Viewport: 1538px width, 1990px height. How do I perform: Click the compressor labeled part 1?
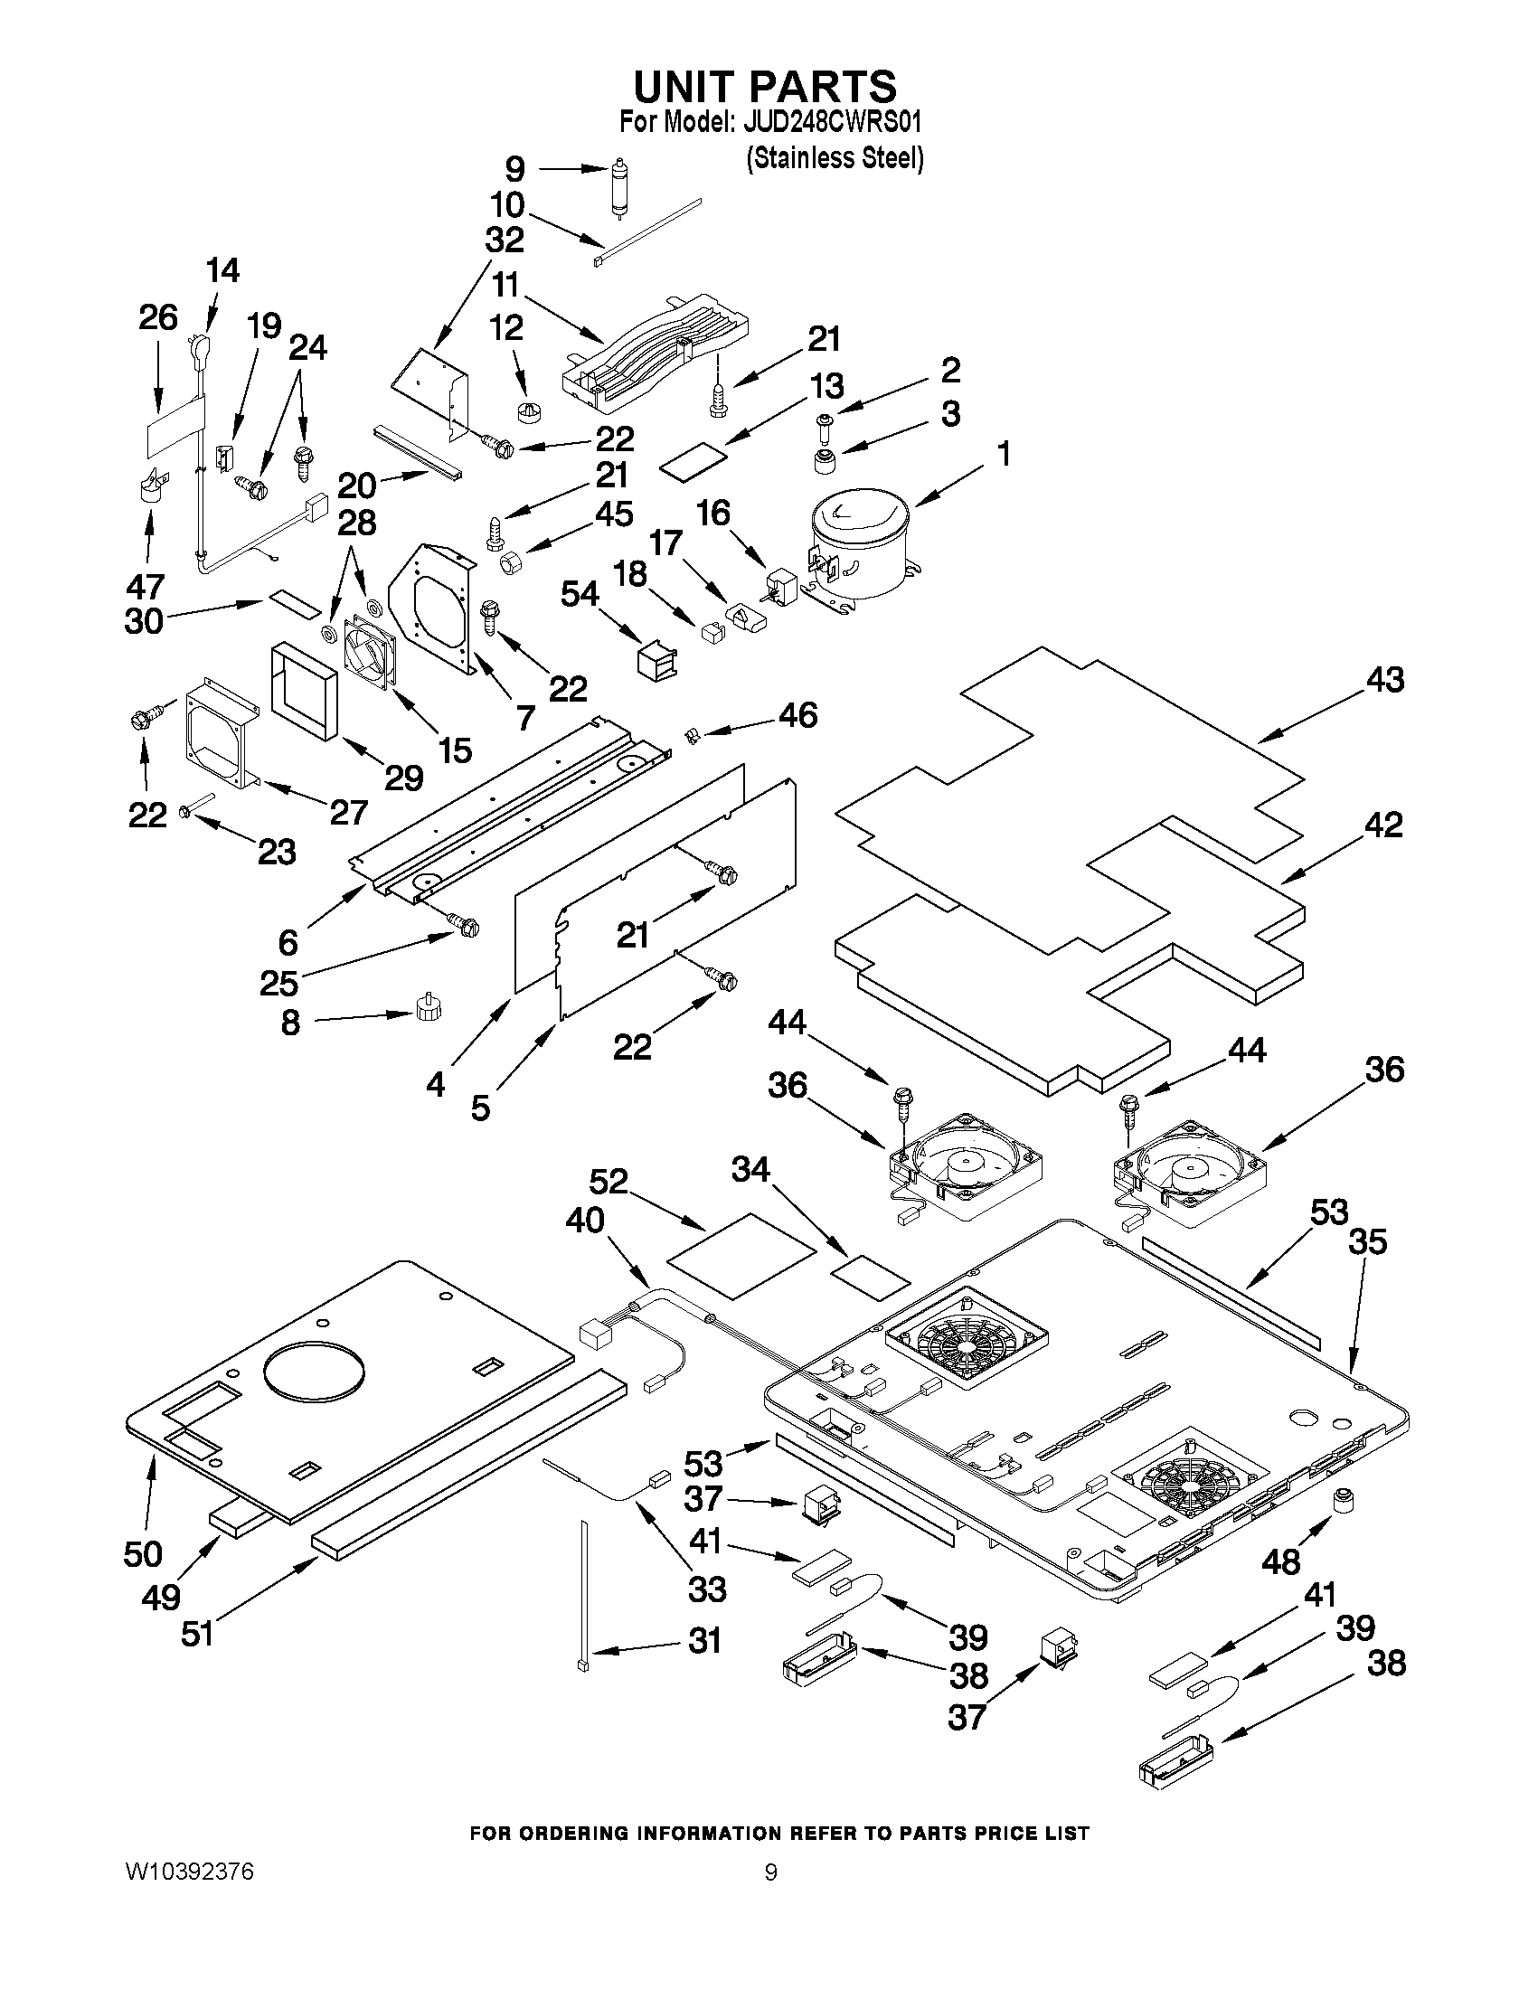click(856, 548)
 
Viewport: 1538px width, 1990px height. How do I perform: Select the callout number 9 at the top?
click(514, 169)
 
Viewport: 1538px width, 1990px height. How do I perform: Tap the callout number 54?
click(580, 595)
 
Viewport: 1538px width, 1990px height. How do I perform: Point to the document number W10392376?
click(189, 1872)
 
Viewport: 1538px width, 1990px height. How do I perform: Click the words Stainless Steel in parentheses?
click(835, 157)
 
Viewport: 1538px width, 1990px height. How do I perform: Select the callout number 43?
click(1385, 680)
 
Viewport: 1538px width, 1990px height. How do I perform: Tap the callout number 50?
click(143, 1552)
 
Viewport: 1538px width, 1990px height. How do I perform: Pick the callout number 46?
click(797, 715)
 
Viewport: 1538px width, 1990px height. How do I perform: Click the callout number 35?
click(1368, 1241)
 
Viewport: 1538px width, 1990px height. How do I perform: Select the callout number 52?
click(609, 1181)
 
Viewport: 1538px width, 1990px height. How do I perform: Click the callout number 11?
click(505, 285)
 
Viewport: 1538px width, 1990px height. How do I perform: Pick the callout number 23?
click(276, 852)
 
